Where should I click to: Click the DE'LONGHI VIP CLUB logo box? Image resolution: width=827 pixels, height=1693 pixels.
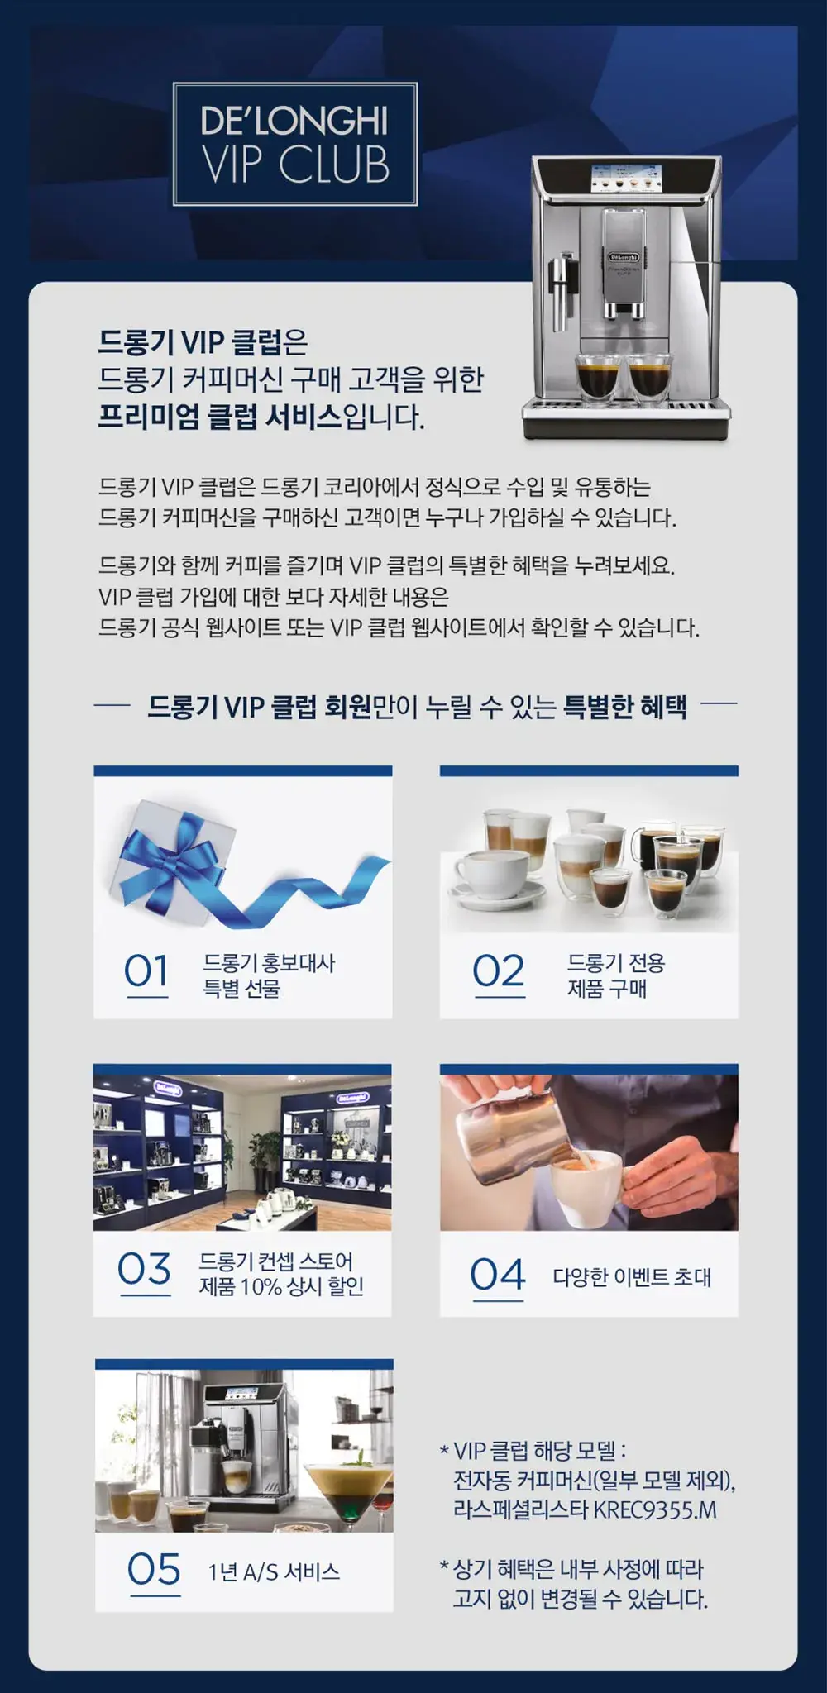[x=295, y=144]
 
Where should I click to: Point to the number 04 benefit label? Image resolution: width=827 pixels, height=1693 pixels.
[x=498, y=1275]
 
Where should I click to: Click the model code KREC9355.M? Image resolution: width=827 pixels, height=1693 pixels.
[x=655, y=1510]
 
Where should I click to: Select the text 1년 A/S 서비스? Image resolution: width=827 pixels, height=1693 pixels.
[x=274, y=1571]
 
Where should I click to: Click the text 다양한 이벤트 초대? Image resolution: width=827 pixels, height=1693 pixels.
[x=632, y=1277]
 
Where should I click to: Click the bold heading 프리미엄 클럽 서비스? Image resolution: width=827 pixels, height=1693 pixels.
[x=220, y=417]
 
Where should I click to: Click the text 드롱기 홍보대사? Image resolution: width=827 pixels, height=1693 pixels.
[x=269, y=963]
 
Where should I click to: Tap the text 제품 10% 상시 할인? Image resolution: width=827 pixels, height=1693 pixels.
[x=281, y=1286]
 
